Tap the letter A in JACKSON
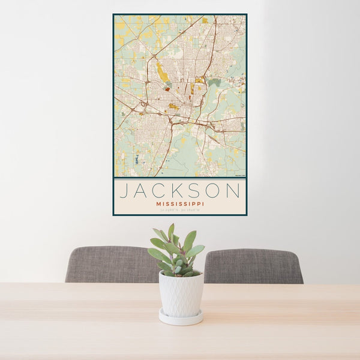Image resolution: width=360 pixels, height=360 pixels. (143, 191)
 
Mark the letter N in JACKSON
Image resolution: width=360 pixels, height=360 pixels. (235, 191)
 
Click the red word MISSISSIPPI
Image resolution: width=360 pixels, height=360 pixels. (179, 203)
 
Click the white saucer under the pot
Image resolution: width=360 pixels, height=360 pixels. (181, 317)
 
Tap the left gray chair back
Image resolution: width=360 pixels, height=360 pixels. (108, 264)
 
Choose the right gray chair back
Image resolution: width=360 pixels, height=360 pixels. (253, 266)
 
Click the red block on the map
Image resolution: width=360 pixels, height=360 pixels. (167, 89)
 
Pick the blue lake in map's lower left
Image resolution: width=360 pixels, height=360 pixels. (137, 160)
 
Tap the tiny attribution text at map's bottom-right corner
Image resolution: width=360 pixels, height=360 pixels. (239, 175)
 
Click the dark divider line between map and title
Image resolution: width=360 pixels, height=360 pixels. (179, 178)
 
